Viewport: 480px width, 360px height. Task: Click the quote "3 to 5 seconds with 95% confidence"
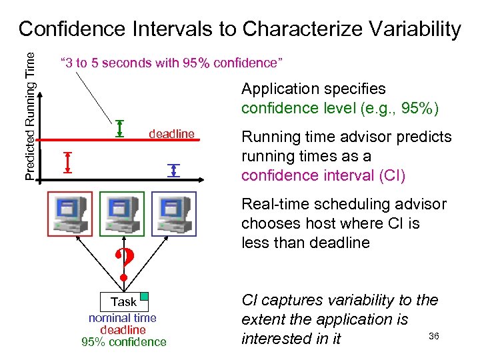coord(172,63)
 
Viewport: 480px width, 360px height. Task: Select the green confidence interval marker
coord(120,127)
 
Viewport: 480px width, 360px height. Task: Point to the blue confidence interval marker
coord(174,170)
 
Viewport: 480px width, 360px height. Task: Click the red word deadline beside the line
coord(171,134)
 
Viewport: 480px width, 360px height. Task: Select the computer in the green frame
coord(121,213)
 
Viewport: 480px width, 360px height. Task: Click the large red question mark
coord(123,264)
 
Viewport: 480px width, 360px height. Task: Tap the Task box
coord(123,302)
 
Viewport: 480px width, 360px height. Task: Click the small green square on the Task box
coord(143,297)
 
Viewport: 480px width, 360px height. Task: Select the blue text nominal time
coord(123,318)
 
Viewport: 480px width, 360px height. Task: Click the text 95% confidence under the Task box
coord(123,342)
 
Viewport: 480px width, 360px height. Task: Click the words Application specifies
coord(313,89)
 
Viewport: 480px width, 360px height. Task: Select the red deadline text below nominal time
coord(123,330)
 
